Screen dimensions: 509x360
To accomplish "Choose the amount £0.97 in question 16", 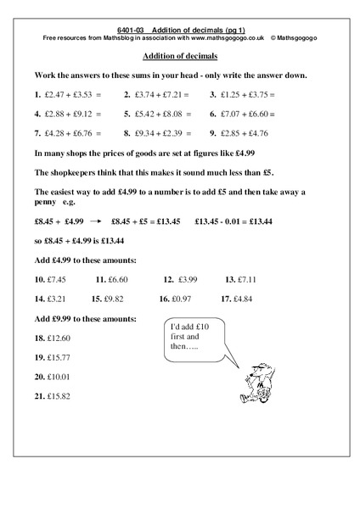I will coord(189,299).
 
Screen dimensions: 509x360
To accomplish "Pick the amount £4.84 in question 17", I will coord(252,299).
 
